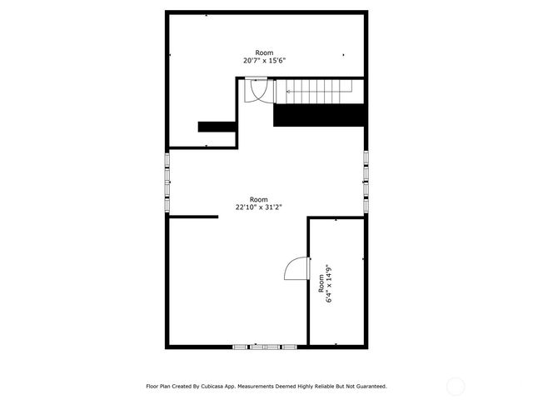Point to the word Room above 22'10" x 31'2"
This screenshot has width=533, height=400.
click(258, 199)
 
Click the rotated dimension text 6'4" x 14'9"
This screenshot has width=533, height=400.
click(329, 283)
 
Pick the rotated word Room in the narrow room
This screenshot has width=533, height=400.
click(321, 283)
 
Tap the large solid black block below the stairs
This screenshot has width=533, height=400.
click(319, 115)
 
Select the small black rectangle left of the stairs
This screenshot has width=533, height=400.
click(216, 127)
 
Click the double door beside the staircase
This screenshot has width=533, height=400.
click(257, 89)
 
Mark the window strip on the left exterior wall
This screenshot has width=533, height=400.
click(167, 182)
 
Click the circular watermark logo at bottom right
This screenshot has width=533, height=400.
click(456, 386)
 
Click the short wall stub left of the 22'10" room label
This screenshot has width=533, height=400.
click(193, 217)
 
